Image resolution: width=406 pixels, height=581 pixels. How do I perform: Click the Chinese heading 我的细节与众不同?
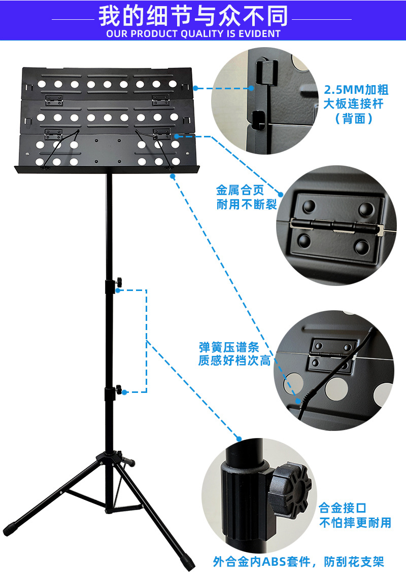click(x=193, y=16)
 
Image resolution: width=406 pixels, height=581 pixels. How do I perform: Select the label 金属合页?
click(x=240, y=191)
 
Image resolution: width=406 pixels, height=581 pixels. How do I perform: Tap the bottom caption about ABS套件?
click(x=298, y=562)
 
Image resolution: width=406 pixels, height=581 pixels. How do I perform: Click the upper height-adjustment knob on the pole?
click(x=119, y=281)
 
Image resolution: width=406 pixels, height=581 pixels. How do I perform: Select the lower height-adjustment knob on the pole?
click(x=119, y=390)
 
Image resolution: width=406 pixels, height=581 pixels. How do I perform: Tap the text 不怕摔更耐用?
click(x=355, y=523)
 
